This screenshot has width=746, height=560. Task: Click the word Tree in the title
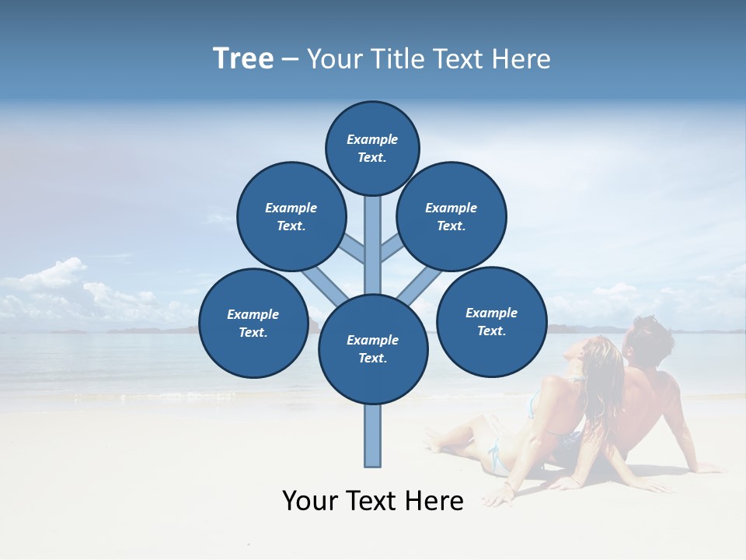tap(243, 58)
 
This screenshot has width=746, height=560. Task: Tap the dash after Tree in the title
tap(290, 59)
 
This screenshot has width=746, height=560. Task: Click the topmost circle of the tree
tap(372, 148)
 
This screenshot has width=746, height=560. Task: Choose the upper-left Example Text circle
tap(291, 216)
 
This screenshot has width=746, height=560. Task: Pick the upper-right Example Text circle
tap(451, 216)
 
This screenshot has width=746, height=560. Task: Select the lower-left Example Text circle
tap(253, 323)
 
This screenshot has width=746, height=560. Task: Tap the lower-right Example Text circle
tap(492, 321)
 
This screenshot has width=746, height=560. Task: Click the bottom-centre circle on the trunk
tap(373, 349)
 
